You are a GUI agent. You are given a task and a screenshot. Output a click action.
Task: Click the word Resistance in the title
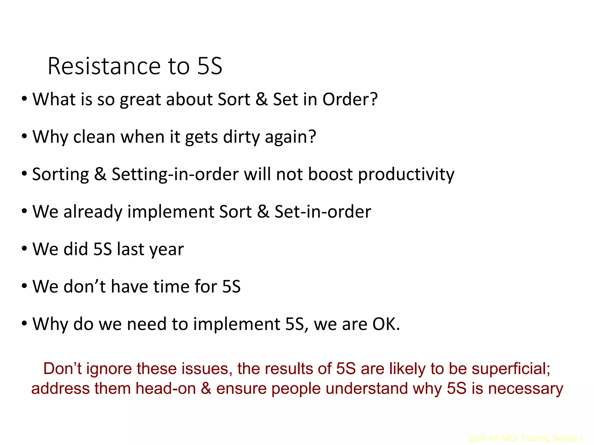pos(104,66)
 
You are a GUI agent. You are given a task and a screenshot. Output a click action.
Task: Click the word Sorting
pos(60,174)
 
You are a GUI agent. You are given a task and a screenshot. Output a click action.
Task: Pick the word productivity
pos(406,174)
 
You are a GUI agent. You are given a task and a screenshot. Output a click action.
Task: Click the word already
pos(93,212)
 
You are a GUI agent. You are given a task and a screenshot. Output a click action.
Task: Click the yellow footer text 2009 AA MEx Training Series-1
pos(525,438)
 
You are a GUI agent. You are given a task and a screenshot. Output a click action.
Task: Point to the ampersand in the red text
pos(206,389)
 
